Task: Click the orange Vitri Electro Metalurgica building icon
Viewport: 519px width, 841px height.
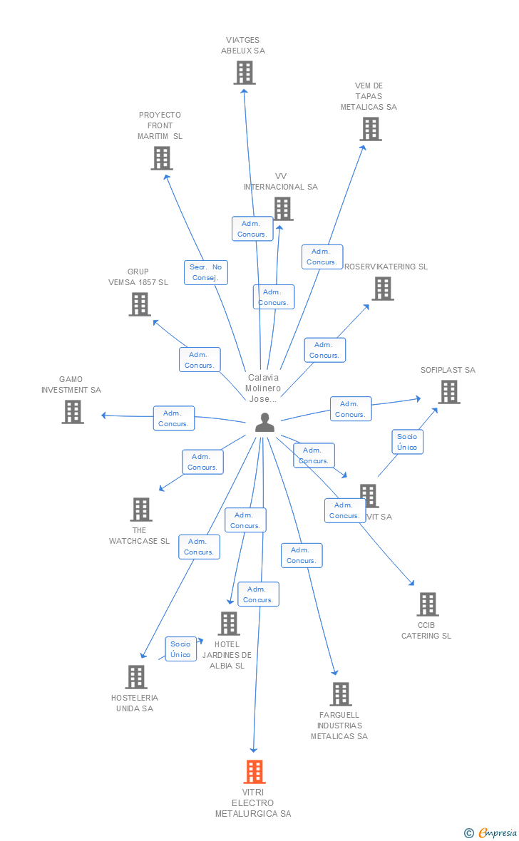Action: coord(255,772)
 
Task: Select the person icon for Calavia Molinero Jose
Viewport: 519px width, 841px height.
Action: coord(264,423)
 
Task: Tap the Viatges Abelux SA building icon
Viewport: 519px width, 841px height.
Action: coord(245,73)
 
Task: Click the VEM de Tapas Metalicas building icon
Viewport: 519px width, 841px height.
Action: coord(371,129)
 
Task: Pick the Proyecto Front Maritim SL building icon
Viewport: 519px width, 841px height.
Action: coord(162,158)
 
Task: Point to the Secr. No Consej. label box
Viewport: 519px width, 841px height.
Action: coord(206,272)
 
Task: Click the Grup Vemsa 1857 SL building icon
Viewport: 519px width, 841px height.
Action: coord(140,304)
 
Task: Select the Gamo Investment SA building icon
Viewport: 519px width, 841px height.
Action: coord(73,412)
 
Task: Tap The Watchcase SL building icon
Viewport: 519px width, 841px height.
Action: coord(141,510)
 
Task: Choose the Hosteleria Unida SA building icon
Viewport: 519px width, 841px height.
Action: coord(136,677)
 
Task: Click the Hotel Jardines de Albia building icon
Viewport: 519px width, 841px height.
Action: coord(229,624)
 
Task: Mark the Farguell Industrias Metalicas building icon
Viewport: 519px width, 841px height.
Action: coord(341,694)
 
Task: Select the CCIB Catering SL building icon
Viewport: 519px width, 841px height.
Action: coord(428,604)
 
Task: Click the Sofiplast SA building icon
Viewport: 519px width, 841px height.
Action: coord(449,392)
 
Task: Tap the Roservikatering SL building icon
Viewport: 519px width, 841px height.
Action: coord(383,289)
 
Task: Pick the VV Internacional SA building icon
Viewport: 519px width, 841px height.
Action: coord(283,209)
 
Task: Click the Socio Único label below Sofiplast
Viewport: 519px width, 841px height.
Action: coord(407,442)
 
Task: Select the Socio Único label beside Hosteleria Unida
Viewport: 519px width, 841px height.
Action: coord(180,649)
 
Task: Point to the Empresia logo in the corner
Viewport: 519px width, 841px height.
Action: coord(491,832)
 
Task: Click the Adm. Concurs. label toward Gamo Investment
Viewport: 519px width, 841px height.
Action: coord(174,418)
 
